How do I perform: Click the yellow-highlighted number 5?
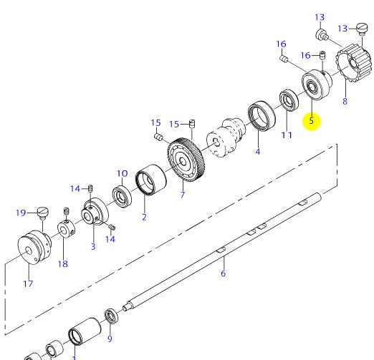click(x=311, y=120)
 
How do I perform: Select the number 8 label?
click(x=345, y=102)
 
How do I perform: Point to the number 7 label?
click(x=183, y=195)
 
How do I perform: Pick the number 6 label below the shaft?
click(x=223, y=273)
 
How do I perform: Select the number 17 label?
click(x=29, y=283)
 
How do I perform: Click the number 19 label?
click(x=21, y=212)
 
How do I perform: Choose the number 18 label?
click(x=63, y=264)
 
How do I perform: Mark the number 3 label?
click(x=92, y=246)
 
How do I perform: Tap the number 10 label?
click(x=122, y=173)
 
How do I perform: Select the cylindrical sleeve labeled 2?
click(x=148, y=180)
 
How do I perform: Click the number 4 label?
click(x=257, y=151)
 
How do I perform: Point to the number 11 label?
click(x=287, y=134)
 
